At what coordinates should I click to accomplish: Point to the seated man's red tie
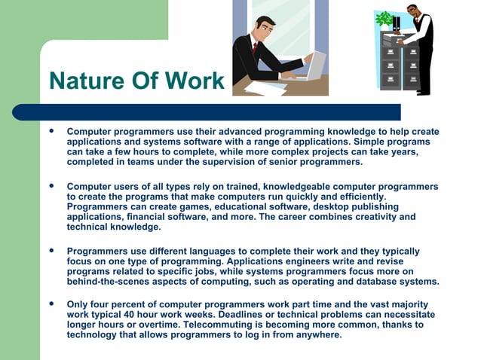click(256, 49)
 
